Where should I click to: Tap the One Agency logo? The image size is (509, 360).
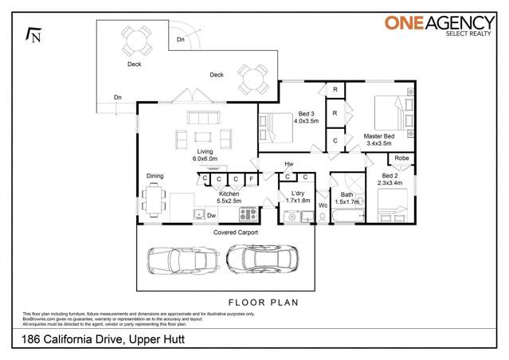(x=438, y=25)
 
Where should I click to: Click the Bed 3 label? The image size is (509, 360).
(x=306, y=117)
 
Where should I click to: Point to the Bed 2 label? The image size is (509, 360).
(x=390, y=179)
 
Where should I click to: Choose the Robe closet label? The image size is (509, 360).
(x=401, y=158)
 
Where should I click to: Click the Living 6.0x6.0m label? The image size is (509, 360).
(x=205, y=155)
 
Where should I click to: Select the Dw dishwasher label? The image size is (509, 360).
(x=211, y=215)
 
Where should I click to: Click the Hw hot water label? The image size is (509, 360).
(x=288, y=165)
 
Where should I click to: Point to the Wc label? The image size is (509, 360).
(x=323, y=205)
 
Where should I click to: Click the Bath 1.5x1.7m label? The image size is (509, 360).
(x=347, y=198)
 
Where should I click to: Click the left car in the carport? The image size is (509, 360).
(x=183, y=260)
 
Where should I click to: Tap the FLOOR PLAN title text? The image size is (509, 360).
(x=264, y=303)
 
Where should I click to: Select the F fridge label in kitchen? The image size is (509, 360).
(x=251, y=179)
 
